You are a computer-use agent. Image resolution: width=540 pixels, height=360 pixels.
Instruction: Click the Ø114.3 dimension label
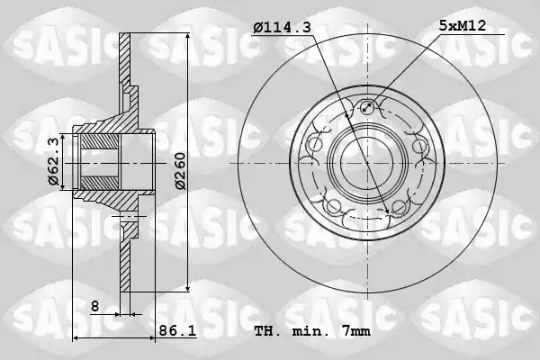tap(282, 27)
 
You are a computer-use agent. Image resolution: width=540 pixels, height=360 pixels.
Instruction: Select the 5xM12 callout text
tap(463, 25)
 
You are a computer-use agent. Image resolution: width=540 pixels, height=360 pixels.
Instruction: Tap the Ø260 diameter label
tap(180, 171)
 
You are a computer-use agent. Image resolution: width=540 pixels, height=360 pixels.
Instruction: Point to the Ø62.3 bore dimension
tap(54, 162)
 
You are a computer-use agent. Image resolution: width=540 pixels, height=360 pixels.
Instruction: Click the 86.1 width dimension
tap(177, 331)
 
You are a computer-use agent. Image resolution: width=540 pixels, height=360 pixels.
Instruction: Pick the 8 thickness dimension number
tap(95, 306)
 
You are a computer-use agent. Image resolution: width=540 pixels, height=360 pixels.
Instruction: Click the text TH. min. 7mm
tap(312, 331)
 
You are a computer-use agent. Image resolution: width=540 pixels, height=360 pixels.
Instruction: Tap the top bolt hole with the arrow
tap(367, 107)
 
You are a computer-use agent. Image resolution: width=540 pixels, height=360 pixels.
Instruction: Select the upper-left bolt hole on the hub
tap(315, 145)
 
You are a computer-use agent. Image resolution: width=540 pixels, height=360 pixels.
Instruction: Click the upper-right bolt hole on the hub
tap(418, 145)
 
